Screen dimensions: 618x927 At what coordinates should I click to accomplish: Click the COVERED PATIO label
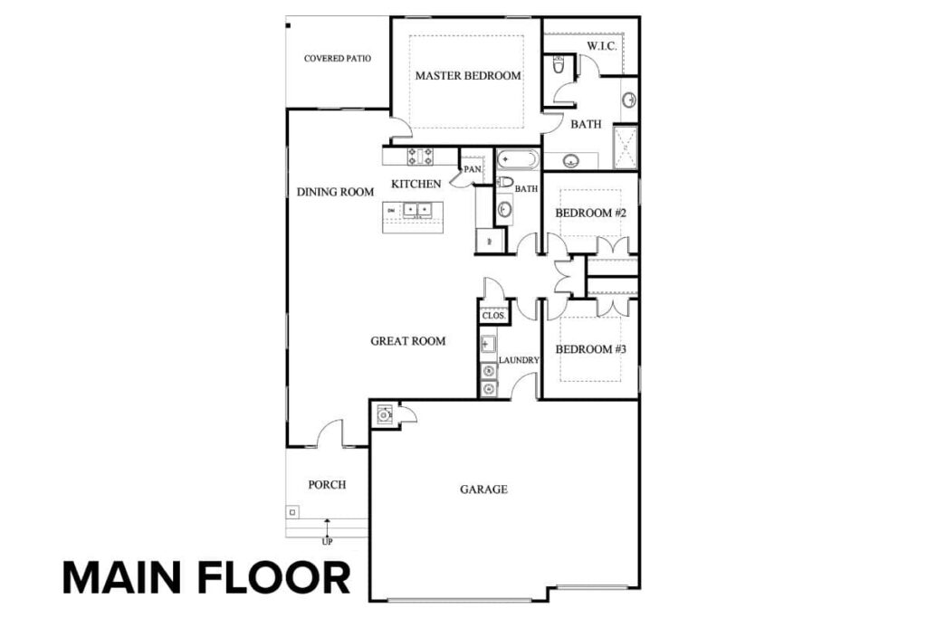coord(338,59)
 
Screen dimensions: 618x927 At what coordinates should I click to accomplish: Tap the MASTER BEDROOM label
coord(468,76)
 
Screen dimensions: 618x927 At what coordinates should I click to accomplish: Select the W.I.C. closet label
coord(602,46)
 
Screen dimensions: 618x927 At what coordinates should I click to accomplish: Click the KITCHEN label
coord(416,185)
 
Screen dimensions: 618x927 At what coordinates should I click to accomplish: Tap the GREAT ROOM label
coord(408,341)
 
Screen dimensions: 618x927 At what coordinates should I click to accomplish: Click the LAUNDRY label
coord(519,360)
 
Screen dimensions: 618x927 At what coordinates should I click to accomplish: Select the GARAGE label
coord(483,490)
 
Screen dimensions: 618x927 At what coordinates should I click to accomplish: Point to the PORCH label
coord(327,485)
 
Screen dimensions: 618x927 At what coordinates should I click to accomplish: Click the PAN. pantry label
coord(473,169)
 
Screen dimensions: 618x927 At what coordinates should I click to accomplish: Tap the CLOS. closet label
coord(493,316)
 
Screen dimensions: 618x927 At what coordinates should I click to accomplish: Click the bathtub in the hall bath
coord(518,160)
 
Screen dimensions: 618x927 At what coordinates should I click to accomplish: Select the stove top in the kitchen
coord(420,157)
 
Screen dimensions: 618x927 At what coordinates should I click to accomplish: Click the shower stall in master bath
coord(626,147)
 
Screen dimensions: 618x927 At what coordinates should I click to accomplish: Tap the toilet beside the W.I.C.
coord(558,65)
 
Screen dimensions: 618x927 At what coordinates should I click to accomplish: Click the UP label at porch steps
coord(327,541)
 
